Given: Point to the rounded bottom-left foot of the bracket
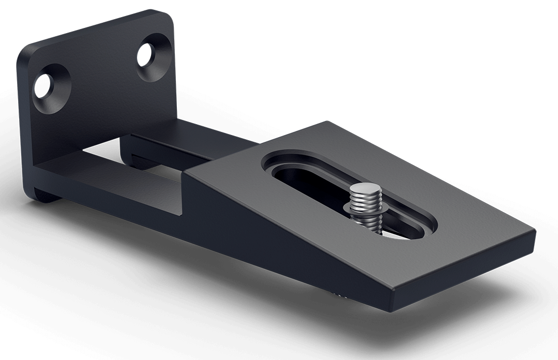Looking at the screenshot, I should coord(39,192).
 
